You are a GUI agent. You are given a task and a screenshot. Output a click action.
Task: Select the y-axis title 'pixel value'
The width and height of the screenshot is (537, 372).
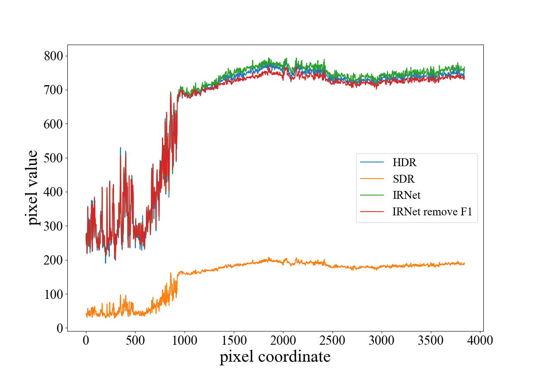[34, 187]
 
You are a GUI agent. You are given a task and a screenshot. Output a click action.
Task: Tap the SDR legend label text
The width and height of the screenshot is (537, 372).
[404, 179]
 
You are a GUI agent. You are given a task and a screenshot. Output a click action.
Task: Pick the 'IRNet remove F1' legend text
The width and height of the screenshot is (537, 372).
[432, 212]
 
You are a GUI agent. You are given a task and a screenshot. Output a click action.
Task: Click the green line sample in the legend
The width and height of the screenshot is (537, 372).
[372, 196]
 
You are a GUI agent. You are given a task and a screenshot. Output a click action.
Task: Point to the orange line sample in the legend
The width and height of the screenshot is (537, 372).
[372, 179]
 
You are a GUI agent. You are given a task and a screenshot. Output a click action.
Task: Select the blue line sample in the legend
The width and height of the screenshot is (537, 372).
[372, 162]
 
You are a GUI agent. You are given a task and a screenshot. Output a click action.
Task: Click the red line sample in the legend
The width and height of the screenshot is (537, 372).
[372, 212]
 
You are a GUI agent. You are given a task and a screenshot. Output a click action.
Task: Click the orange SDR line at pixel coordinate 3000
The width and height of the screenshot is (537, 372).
[382, 267]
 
